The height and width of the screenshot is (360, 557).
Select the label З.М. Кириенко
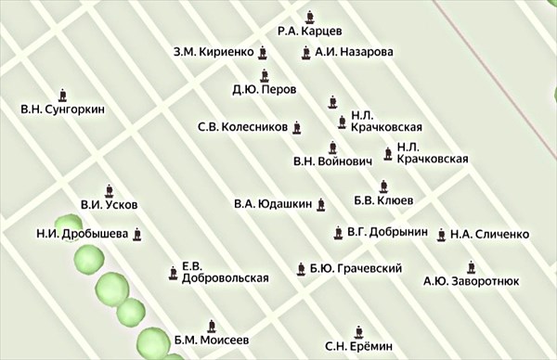213,52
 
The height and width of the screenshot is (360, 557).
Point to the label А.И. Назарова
354,52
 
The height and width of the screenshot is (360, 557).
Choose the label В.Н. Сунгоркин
62,109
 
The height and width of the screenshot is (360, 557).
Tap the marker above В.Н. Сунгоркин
62,94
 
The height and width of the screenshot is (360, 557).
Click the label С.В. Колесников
242,127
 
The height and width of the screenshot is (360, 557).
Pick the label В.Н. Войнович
331,161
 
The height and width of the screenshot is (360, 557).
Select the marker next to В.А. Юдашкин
321,204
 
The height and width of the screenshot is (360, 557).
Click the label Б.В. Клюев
383,199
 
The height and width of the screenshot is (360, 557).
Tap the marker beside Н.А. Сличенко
439,234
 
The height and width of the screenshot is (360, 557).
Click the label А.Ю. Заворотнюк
471,279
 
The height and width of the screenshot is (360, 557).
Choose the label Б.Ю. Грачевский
356,269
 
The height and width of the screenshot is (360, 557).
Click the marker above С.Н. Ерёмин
359,330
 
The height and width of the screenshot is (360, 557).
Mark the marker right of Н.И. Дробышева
138,234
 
